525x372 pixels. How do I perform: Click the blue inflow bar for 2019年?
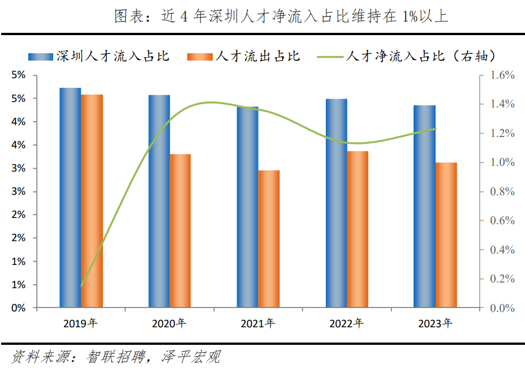pos(70,198)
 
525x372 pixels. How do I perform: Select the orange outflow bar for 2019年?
pos(92,201)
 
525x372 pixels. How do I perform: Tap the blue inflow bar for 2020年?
pos(159,201)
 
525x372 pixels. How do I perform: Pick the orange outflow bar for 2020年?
pos(180,231)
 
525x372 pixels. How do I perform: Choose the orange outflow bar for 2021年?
pos(269,239)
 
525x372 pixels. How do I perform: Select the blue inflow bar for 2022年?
pos(336,203)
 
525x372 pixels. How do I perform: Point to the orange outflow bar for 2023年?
pos(446,235)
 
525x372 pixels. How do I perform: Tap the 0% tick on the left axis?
pos(19,309)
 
